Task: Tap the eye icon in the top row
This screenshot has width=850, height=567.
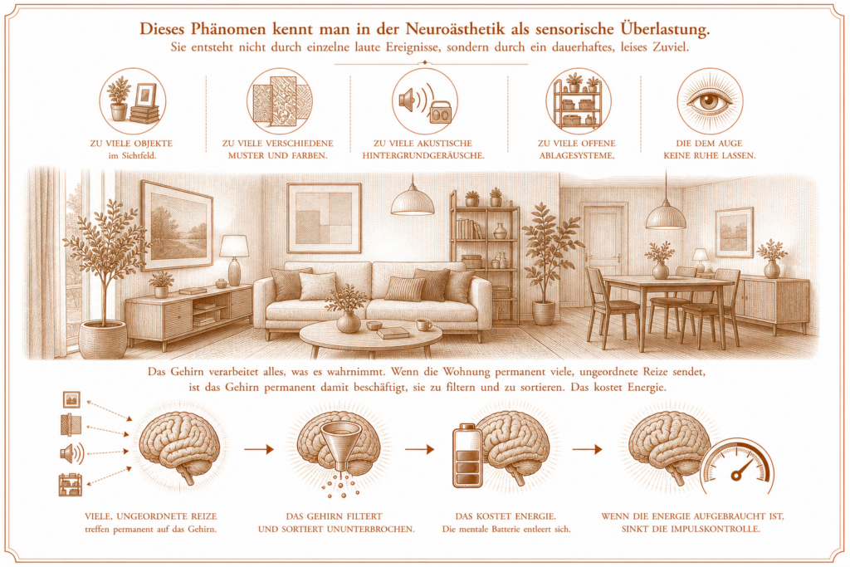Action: [709, 101]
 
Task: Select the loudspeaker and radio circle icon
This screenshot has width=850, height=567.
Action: [425, 101]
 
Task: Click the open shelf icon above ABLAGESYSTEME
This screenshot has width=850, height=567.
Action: [578, 101]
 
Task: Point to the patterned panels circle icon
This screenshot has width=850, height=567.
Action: [280, 101]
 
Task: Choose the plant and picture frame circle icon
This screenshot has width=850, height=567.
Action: [133, 101]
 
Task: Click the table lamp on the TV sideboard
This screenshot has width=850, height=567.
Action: [234, 260]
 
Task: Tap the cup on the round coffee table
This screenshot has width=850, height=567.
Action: [423, 325]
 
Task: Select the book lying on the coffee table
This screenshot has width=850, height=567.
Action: [393, 332]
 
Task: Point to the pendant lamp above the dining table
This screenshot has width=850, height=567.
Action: [666, 216]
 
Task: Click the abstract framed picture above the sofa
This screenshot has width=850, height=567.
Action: [324, 218]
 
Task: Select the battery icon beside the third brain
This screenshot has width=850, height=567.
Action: [467, 455]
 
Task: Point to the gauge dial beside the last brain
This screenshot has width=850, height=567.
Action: [738, 469]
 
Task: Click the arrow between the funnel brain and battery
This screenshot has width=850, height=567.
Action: [419, 449]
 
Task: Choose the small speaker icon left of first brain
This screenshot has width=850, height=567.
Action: [71, 452]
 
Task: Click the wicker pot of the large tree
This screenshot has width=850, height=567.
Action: [103, 340]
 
